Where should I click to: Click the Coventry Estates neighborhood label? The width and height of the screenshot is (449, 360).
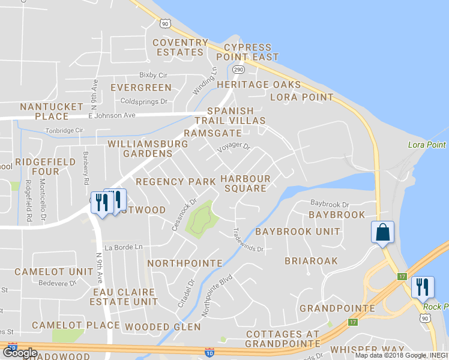(x=178, y=47)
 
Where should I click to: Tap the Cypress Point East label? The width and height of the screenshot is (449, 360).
(x=251, y=52)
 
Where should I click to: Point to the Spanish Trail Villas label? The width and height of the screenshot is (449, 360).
(x=236, y=116)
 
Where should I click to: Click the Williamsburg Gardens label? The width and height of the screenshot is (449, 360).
(x=148, y=149)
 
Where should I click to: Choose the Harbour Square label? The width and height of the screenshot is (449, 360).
(x=246, y=184)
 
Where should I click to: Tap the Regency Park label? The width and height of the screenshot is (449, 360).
(x=175, y=181)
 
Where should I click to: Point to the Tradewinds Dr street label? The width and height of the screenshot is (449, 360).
(x=249, y=239)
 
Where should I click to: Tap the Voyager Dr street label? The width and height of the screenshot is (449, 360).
(x=234, y=146)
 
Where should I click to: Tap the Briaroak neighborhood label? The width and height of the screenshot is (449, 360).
(x=311, y=261)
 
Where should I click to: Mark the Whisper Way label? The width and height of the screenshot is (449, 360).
(x=367, y=349)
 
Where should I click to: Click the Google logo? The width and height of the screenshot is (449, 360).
(x=20, y=353)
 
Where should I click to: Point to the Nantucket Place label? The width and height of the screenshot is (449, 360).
(x=52, y=111)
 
